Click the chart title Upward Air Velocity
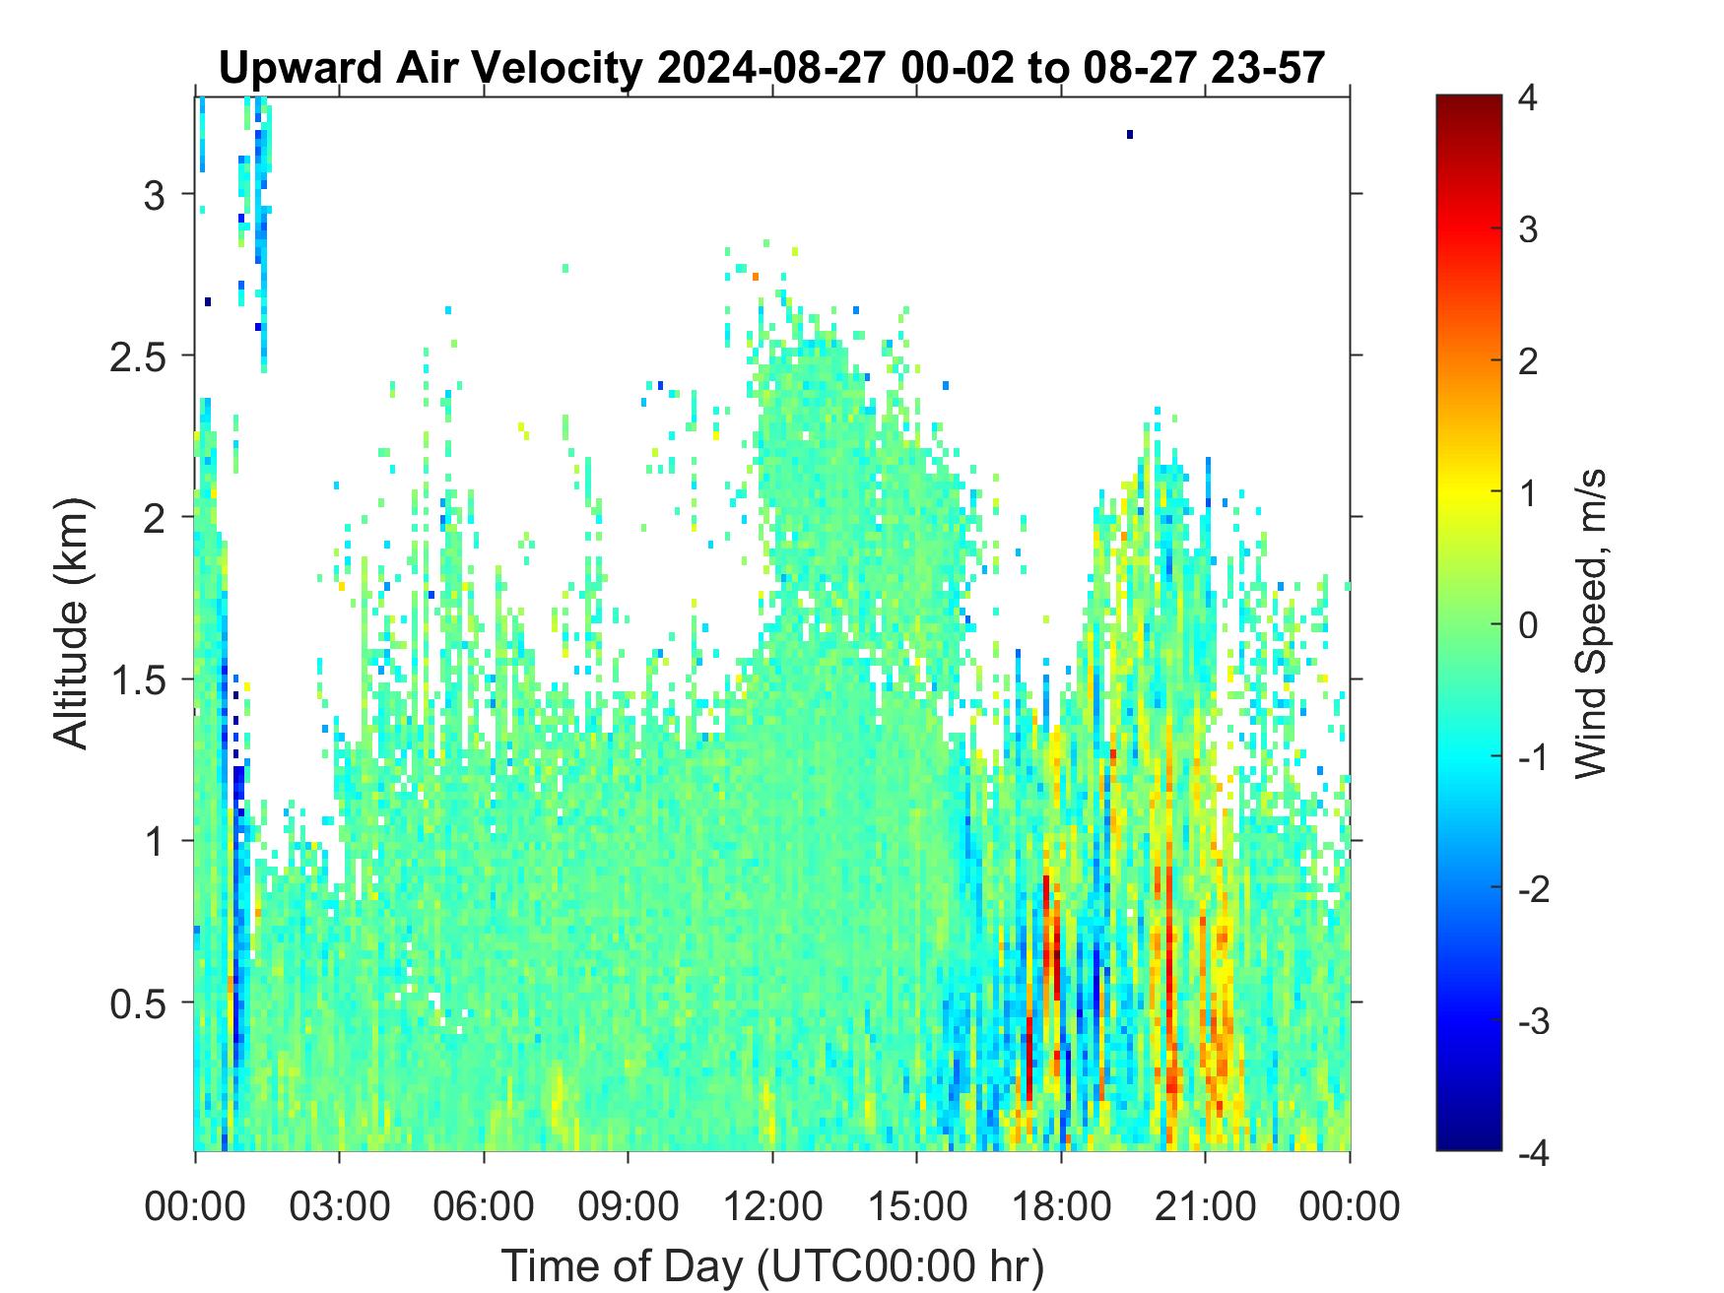click(x=432, y=69)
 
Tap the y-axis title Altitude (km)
click(x=71, y=624)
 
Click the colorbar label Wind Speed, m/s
click(x=1590, y=624)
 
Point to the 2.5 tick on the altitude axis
click(x=136, y=356)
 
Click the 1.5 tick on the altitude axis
click(x=136, y=679)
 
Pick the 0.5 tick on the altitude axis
click(x=136, y=1002)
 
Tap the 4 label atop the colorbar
click(x=1528, y=98)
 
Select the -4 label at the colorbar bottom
click(x=1534, y=1151)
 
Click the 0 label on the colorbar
click(x=1528, y=624)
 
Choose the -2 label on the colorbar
click(x=1534, y=888)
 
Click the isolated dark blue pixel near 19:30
click(x=1130, y=135)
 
